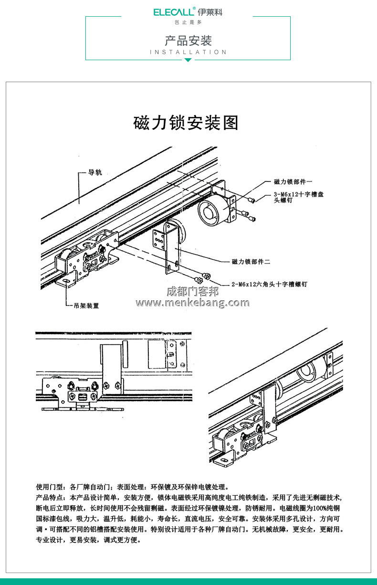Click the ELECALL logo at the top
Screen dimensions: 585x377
click(x=188, y=12)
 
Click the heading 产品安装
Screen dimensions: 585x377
click(x=188, y=40)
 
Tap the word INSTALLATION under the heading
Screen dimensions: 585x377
click(x=188, y=52)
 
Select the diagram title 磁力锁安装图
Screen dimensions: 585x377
click(x=186, y=123)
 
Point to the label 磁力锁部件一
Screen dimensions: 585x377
click(x=293, y=181)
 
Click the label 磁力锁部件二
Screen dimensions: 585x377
click(x=251, y=262)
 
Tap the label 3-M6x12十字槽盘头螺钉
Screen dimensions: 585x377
click(x=299, y=197)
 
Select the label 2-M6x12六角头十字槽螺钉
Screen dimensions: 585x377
click(x=269, y=284)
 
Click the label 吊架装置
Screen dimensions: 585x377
click(x=86, y=306)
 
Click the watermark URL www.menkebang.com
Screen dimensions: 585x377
click(x=192, y=303)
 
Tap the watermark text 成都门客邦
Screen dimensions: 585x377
click(x=192, y=291)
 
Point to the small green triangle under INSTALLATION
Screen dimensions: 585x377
click(x=188, y=60)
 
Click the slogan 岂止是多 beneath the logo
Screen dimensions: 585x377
click(x=188, y=22)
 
